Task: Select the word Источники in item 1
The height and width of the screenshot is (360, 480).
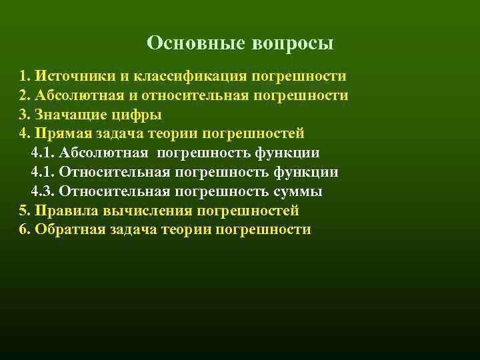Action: tap(69, 76)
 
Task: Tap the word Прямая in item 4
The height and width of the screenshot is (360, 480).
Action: tap(61, 133)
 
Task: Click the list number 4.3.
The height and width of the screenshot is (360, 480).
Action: tap(43, 191)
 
